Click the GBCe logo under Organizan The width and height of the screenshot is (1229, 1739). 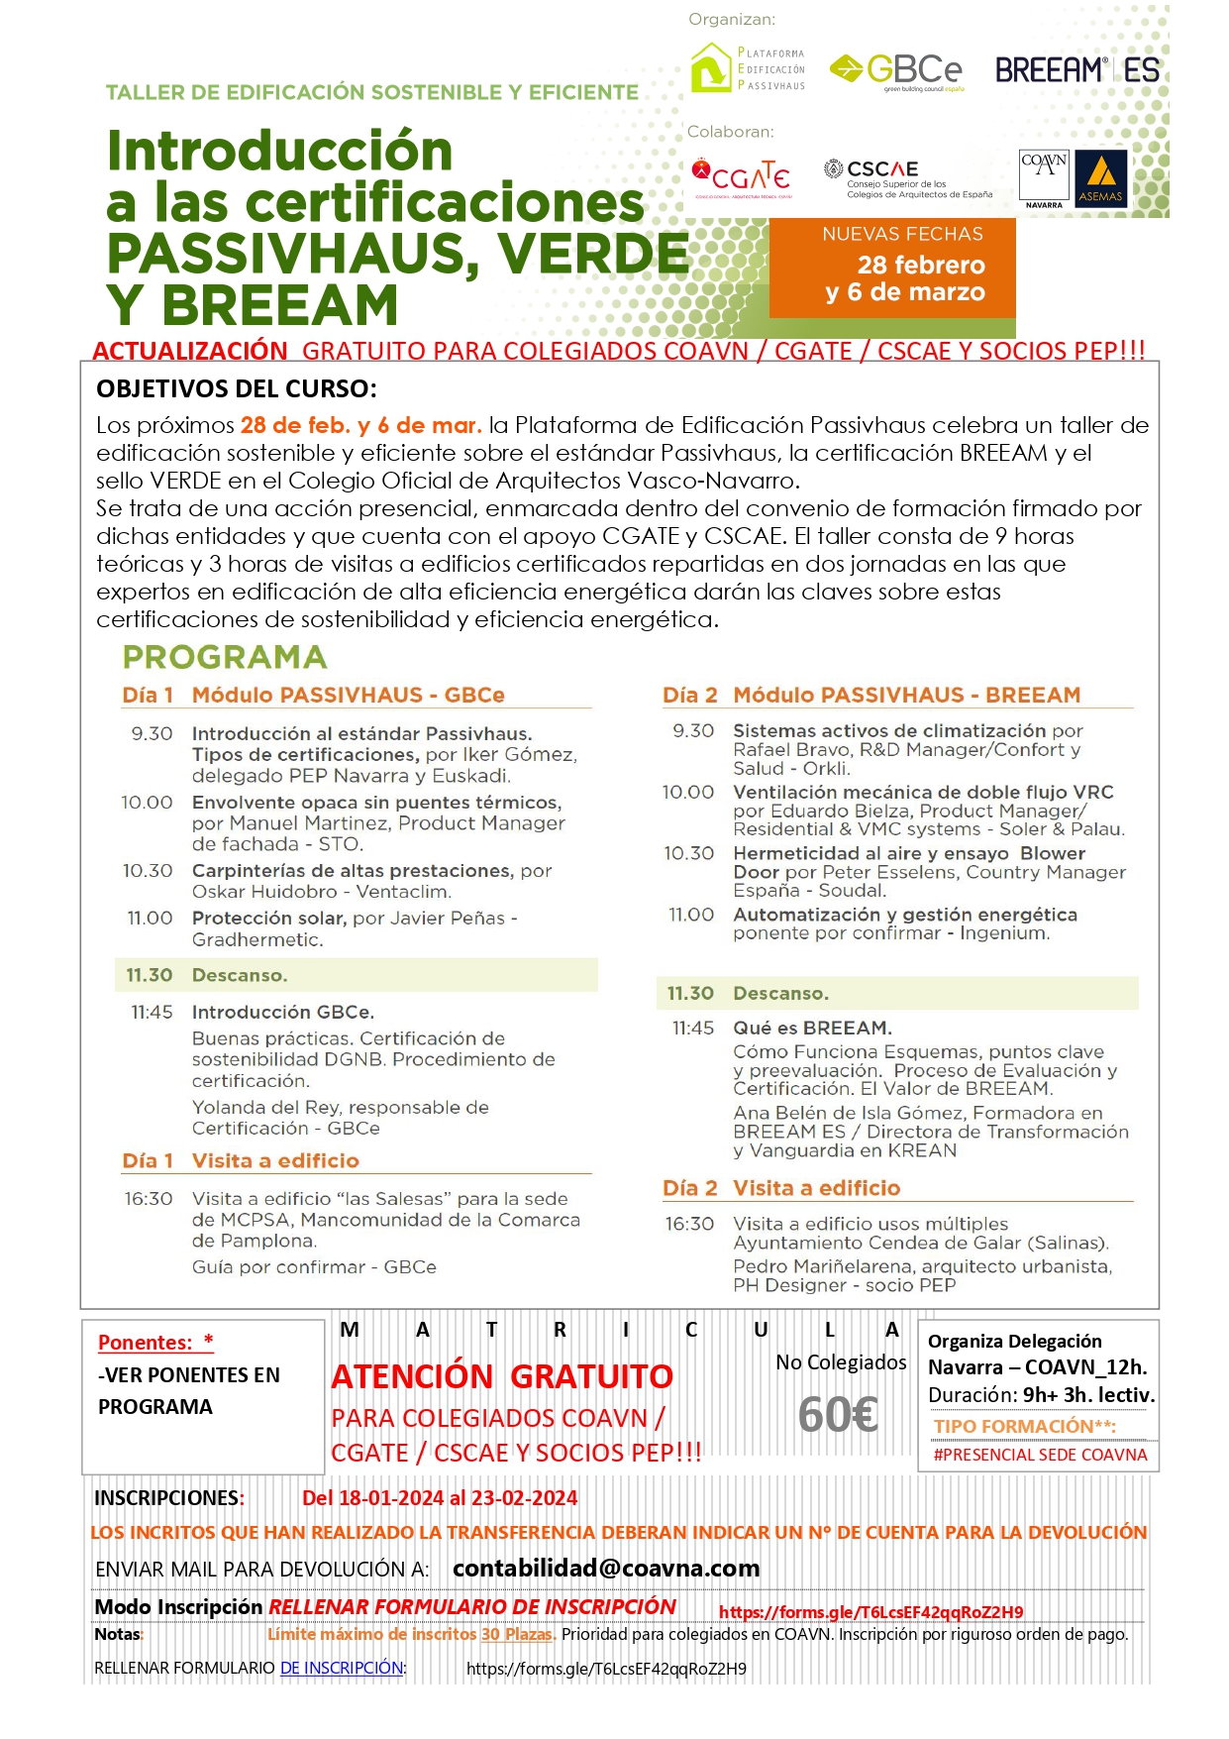click(x=896, y=71)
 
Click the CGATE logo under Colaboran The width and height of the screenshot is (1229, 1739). click(x=741, y=175)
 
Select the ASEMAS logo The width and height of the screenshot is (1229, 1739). click(x=1100, y=178)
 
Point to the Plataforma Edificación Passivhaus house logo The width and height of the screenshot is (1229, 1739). click(x=709, y=68)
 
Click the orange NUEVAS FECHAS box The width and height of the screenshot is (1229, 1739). click(x=892, y=268)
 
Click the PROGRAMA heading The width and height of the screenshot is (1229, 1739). click(x=225, y=657)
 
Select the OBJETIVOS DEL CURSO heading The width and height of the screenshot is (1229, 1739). click(x=236, y=388)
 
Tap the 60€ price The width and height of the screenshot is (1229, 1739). click(x=838, y=1414)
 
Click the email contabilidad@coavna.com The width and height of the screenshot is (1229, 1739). click(x=606, y=1569)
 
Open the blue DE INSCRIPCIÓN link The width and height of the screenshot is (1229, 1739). click(x=342, y=1668)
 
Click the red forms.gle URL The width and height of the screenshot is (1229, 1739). click(x=871, y=1612)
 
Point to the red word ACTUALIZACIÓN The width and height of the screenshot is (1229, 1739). click(x=190, y=351)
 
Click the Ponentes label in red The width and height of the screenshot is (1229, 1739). click(x=154, y=1343)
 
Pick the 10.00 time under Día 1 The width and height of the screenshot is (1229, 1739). click(x=147, y=803)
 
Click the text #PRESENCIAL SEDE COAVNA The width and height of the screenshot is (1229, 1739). click(x=1040, y=1455)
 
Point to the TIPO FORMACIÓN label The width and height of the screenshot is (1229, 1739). click(x=1024, y=1426)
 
